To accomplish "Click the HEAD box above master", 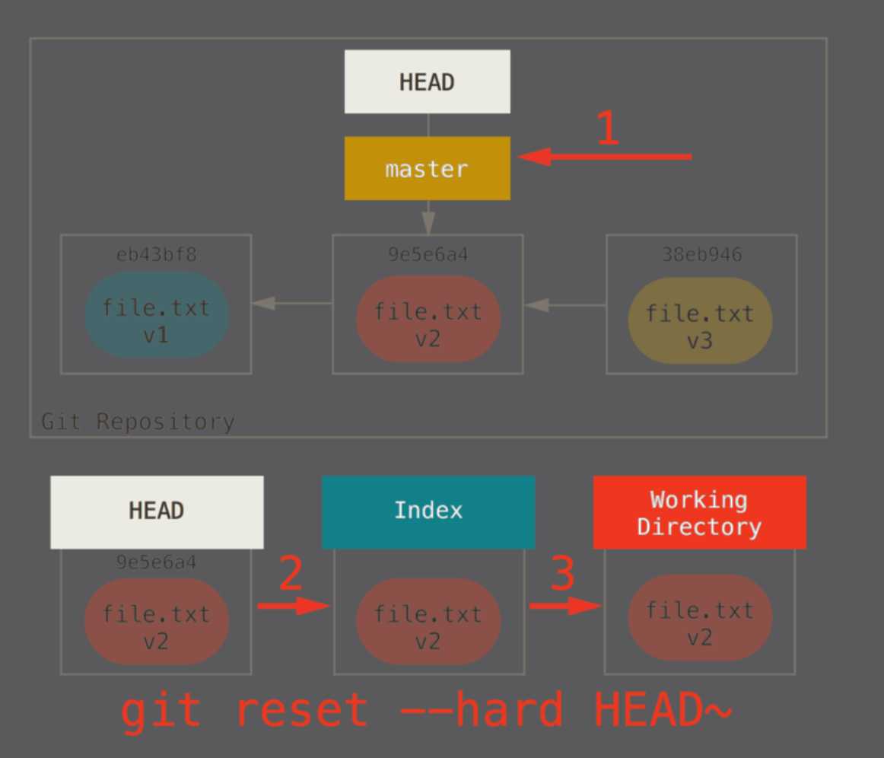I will tap(427, 81).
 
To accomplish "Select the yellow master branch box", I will tap(427, 168).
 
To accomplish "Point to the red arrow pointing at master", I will tap(605, 157).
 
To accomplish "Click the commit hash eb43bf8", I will tap(156, 253).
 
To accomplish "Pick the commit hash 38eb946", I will tap(701, 253).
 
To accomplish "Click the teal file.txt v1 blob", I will tap(156, 315).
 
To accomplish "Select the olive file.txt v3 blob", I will tap(700, 320).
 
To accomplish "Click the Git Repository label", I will tap(138, 421).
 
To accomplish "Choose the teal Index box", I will tap(428, 511).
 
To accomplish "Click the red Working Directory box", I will tap(699, 512).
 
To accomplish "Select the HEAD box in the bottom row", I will tap(157, 511).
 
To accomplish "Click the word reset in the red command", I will tap(301, 710).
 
